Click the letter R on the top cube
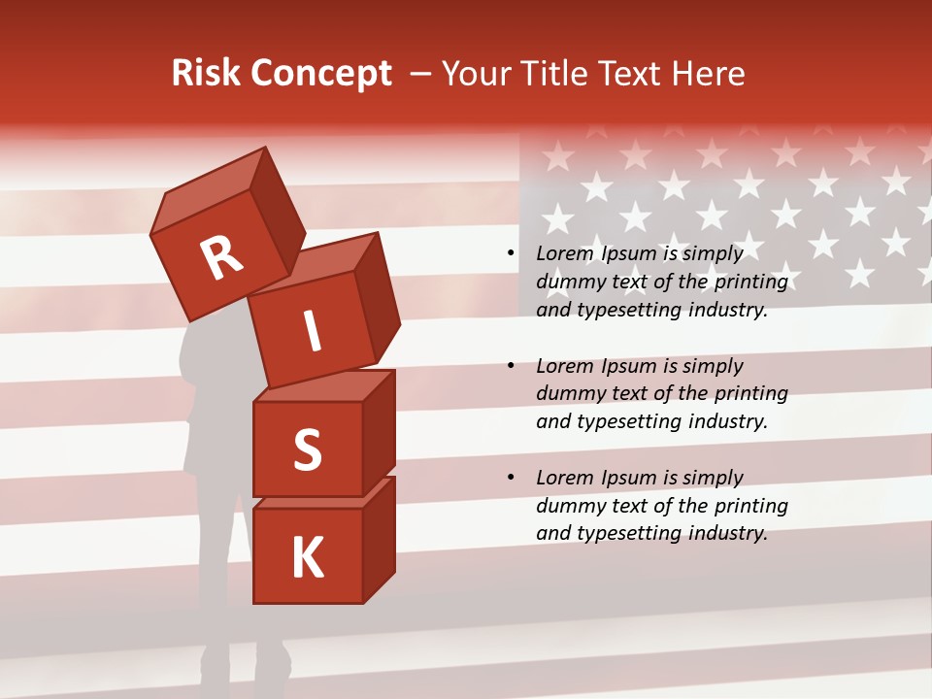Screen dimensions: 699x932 [222, 257]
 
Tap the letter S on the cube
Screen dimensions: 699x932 [308, 449]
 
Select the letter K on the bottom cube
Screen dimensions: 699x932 [308, 558]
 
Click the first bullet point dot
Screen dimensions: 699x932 [511, 254]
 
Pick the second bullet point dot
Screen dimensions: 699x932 [511, 367]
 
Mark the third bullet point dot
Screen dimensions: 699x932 [511, 479]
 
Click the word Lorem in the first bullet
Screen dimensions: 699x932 [564, 253]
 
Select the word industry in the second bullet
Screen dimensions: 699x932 [727, 421]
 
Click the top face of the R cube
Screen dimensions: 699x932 [209, 191]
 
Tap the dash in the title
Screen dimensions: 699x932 [420, 74]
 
